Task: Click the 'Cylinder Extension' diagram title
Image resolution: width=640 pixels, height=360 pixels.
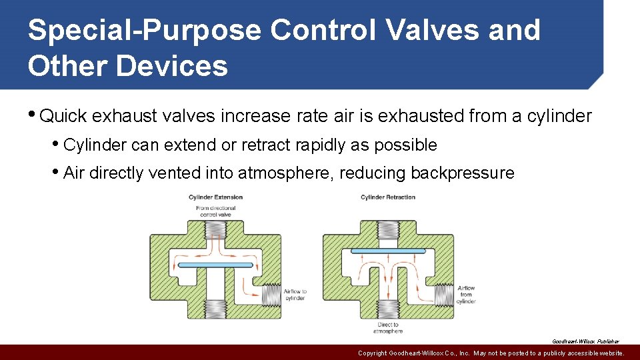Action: (x=215, y=197)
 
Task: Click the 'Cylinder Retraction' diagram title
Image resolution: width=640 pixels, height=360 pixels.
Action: (x=387, y=197)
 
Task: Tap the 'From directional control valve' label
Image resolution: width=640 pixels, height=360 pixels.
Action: (x=215, y=212)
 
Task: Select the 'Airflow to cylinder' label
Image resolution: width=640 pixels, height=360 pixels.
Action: (x=295, y=295)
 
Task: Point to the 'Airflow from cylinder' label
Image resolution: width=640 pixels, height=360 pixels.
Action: (x=467, y=295)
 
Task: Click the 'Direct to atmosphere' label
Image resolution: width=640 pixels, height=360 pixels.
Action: (x=387, y=328)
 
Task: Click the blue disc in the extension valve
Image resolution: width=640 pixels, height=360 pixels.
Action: (x=216, y=265)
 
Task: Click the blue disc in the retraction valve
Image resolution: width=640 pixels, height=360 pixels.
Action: (x=387, y=251)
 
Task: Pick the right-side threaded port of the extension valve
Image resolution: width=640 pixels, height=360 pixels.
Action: (x=271, y=294)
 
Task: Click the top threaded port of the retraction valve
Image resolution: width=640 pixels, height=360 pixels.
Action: (x=387, y=231)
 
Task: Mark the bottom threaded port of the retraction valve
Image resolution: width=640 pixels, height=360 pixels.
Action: (x=387, y=308)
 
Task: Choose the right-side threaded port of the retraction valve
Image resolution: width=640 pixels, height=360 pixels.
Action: (x=443, y=294)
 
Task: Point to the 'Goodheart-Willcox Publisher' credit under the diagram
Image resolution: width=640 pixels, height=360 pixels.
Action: (x=585, y=341)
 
